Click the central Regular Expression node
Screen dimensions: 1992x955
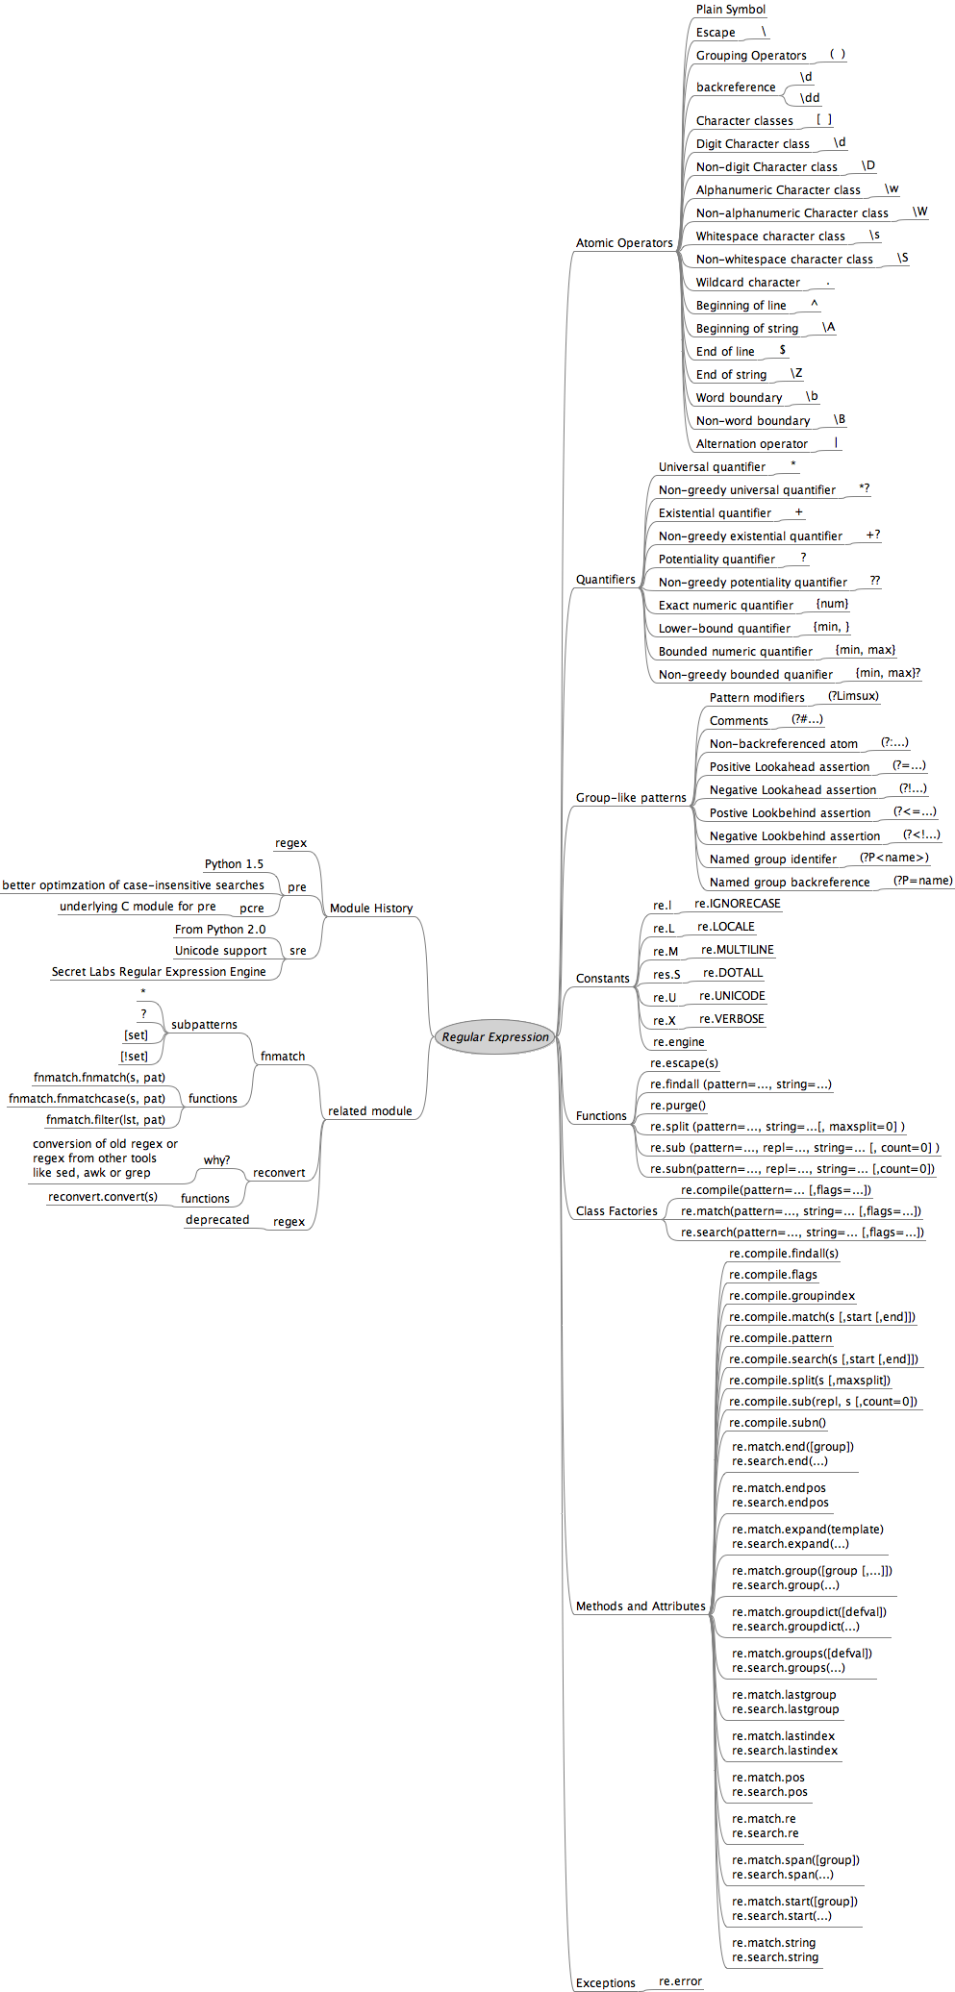point(495,1037)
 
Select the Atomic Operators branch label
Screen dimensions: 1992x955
point(624,243)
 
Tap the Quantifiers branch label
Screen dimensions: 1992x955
point(605,580)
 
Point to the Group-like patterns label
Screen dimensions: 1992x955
point(631,798)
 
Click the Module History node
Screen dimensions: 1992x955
point(371,909)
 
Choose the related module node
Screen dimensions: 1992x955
point(369,1111)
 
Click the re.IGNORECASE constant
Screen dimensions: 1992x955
point(738,904)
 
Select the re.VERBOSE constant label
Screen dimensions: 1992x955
point(732,1019)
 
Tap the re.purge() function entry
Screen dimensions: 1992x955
point(678,1106)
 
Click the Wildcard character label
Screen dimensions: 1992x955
point(747,283)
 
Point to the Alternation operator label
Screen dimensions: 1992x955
point(751,444)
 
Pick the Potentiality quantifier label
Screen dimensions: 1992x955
point(716,560)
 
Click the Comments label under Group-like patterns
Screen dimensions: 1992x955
point(739,721)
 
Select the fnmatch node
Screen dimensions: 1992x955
point(283,1057)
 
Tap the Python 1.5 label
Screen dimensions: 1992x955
point(234,864)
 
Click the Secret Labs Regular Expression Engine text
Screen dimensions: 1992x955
point(159,972)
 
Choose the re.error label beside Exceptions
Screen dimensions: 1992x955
point(680,1981)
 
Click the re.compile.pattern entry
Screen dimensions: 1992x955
point(780,1338)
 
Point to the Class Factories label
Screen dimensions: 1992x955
point(616,1211)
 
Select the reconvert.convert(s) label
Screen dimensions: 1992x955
point(103,1197)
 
